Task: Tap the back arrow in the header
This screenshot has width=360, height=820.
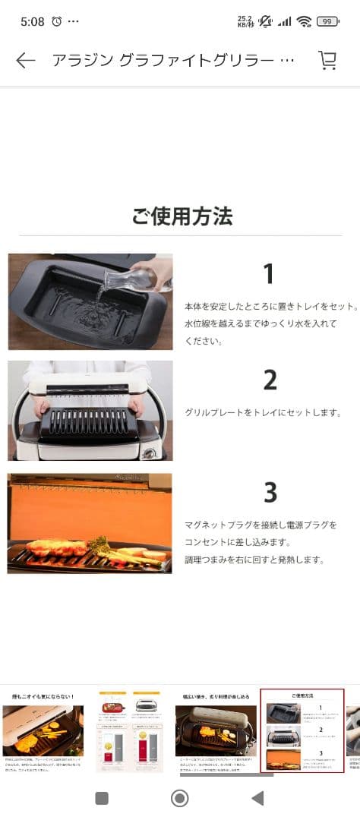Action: click(26, 61)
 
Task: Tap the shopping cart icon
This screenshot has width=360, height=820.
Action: click(327, 61)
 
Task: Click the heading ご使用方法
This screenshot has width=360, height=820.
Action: click(182, 217)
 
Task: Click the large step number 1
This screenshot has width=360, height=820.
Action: click(268, 274)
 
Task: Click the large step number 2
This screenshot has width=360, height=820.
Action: click(270, 380)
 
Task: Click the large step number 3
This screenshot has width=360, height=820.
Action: click(270, 493)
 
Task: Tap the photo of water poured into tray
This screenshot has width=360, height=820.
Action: click(90, 301)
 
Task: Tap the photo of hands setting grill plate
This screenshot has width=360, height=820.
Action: click(90, 410)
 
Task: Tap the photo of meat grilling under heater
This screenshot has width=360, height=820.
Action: click(90, 523)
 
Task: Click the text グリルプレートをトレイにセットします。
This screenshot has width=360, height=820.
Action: click(263, 413)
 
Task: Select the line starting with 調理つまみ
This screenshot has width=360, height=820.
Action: click(254, 560)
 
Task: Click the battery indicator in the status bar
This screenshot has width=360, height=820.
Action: click(327, 21)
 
